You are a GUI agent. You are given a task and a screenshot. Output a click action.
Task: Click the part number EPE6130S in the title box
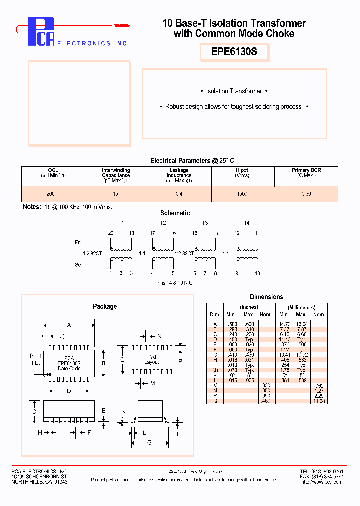(234, 51)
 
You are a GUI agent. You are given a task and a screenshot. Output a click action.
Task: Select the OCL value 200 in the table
(50, 193)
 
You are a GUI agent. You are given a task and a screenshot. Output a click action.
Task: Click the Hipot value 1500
(242, 193)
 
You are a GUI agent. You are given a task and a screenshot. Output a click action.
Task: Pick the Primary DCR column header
(306, 173)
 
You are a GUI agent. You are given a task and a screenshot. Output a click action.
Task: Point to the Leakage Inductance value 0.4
(179, 193)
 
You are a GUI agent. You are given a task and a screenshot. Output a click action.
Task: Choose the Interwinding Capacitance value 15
(116, 193)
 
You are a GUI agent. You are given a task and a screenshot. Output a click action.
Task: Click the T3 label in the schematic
(205, 223)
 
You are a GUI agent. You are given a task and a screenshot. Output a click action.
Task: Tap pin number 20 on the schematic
(111, 233)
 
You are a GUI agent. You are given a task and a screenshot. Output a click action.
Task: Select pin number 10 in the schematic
(257, 273)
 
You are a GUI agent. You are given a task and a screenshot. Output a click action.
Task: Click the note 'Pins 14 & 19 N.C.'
(175, 283)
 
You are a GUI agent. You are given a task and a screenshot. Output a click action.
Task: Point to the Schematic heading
(175, 213)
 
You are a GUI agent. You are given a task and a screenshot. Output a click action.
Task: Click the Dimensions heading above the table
(266, 297)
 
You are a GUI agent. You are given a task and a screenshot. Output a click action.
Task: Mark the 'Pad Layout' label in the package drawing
(151, 359)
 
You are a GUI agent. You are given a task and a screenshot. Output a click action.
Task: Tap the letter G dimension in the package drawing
(149, 443)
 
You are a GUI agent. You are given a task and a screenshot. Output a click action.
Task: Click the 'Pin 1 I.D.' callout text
(36, 359)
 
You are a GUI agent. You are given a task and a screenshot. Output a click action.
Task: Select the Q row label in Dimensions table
(215, 401)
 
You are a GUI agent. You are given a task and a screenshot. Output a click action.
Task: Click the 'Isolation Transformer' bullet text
(234, 91)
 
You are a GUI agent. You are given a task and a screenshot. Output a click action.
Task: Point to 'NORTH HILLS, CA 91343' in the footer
(39, 482)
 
